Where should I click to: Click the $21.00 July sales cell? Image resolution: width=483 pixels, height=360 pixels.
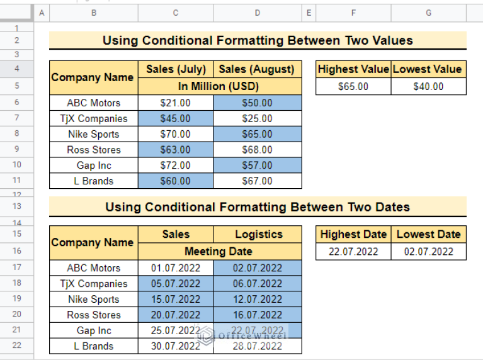(175, 103)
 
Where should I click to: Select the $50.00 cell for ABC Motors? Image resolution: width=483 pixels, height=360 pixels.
(257, 103)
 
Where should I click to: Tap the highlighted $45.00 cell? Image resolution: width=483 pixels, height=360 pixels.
(175, 118)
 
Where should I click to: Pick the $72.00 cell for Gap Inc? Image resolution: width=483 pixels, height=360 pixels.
(175, 165)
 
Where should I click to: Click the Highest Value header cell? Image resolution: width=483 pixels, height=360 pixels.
(353, 69)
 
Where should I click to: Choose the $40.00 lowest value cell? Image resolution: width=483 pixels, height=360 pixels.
(428, 86)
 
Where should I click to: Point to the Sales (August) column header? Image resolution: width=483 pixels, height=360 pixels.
(257, 69)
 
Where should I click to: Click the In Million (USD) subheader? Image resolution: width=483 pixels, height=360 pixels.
(219, 86)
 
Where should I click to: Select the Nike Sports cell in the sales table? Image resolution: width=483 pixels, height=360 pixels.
(93, 134)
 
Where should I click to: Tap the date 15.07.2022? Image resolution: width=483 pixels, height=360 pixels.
(175, 299)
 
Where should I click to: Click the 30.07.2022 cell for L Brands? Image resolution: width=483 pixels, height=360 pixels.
(175, 346)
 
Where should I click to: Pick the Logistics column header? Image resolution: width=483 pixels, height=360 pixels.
(258, 234)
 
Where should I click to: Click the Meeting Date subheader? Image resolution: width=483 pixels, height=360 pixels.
(219, 251)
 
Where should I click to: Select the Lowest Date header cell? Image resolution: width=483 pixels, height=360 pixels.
(428, 234)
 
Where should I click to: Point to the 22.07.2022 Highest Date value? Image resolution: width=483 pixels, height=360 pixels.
(353, 251)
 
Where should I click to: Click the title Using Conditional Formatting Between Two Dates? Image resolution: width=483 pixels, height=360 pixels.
(258, 206)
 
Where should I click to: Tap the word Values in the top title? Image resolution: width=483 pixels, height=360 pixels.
(388, 41)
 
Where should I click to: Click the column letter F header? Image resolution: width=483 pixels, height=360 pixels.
(353, 13)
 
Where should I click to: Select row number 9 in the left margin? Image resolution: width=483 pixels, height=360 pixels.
(16, 149)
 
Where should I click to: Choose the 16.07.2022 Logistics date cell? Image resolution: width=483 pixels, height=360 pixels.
(257, 315)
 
